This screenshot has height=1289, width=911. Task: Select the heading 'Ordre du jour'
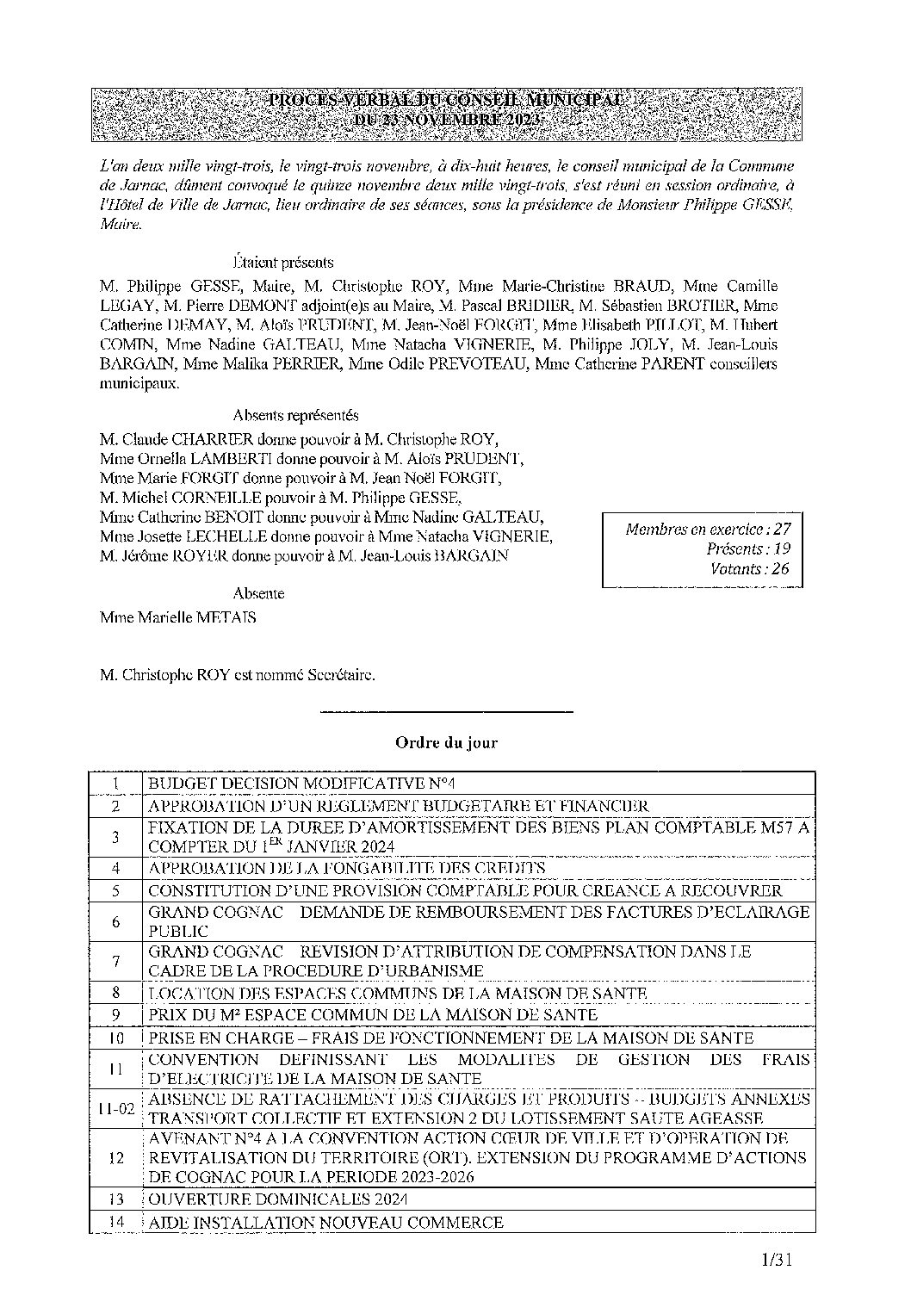[x=446, y=741]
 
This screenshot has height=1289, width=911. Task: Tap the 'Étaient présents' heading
[x=282, y=262]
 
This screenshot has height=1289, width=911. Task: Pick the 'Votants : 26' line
[x=750, y=568]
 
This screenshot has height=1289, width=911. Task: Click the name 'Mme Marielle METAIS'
[x=177, y=617]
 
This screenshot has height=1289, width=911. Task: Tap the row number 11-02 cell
[x=116, y=1109]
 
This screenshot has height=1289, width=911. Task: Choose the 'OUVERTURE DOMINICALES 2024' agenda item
[x=277, y=1199]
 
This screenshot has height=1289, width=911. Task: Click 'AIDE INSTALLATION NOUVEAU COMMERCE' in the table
[x=325, y=1222]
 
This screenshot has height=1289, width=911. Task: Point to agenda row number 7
[x=116, y=962]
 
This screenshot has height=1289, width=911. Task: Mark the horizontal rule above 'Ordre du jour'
[x=446, y=711]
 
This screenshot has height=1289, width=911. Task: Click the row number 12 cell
[x=116, y=1157]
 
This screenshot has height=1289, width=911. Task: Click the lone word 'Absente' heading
[x=258, y=593]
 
